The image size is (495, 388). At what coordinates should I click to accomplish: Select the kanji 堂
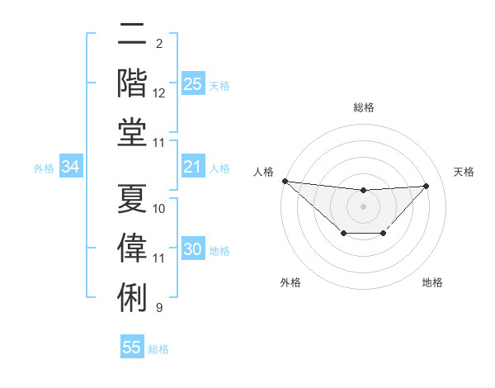pos(132,131)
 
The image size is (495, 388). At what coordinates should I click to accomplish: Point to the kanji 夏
pos(132,196)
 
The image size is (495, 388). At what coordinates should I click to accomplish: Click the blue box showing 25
pos(192,83)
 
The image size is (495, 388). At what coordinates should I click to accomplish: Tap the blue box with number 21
pos(192,167)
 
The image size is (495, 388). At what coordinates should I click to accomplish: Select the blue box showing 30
pos(192,249)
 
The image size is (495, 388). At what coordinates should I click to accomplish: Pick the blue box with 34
pos(71,167)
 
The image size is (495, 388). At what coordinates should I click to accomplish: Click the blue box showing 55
pos(132,348)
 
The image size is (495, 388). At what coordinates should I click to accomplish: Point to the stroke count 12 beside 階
pos(159,93)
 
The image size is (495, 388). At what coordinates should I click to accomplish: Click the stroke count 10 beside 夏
pos(159,208)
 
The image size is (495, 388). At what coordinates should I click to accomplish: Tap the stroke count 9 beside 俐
pos(159,308)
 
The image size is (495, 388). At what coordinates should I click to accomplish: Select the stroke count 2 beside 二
pos(159,43)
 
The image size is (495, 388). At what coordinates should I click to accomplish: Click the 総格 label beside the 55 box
pos(158,349)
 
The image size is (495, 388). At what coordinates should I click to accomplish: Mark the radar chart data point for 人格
pos(285,181)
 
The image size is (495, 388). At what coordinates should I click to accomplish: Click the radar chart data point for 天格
pos(426,186)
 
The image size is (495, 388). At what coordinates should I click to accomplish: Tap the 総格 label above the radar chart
pos(363,107)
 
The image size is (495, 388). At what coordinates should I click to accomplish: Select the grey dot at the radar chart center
pos(363,206)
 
